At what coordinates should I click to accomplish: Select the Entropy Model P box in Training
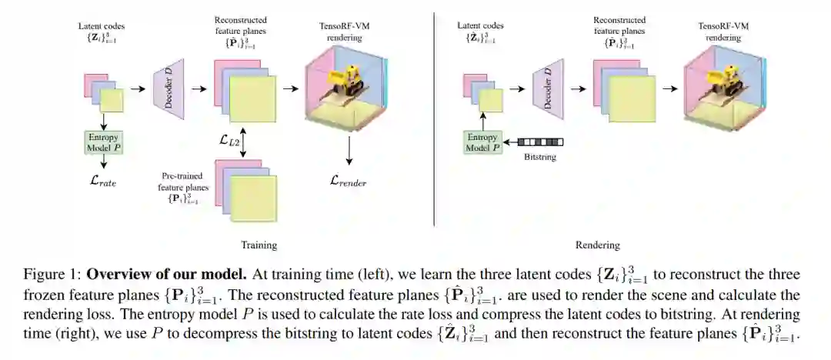point(103,142)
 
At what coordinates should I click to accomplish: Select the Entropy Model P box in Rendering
point(482,142)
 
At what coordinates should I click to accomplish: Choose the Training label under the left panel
point(259,245)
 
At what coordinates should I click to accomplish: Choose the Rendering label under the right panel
point(597,245)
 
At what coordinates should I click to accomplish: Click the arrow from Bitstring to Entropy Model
point(509,142)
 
